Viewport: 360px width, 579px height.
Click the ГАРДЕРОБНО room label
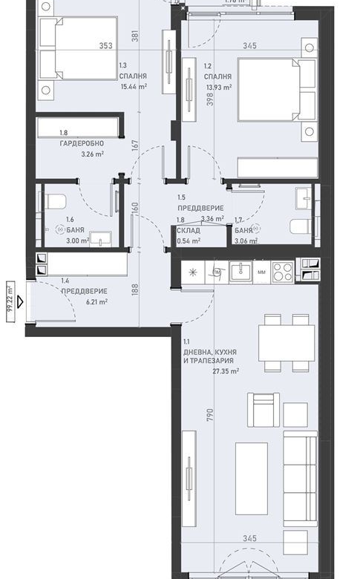tap(82, 143)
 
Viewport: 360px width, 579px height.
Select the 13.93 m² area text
tap(219, 87)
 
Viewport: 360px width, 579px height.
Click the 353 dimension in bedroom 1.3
tap(105, 46)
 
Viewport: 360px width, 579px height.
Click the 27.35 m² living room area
tap(226, 371)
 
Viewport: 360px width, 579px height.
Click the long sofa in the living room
tap(301, 472)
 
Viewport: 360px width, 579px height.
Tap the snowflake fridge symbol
tap(192, 272)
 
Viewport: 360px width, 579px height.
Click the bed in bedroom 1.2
tap(270, 96)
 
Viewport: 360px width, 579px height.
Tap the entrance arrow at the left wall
tap(20, 301)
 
